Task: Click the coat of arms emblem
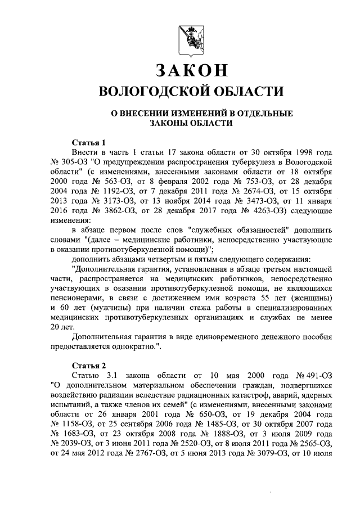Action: pos(190,39)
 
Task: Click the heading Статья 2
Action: pos(89,364)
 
